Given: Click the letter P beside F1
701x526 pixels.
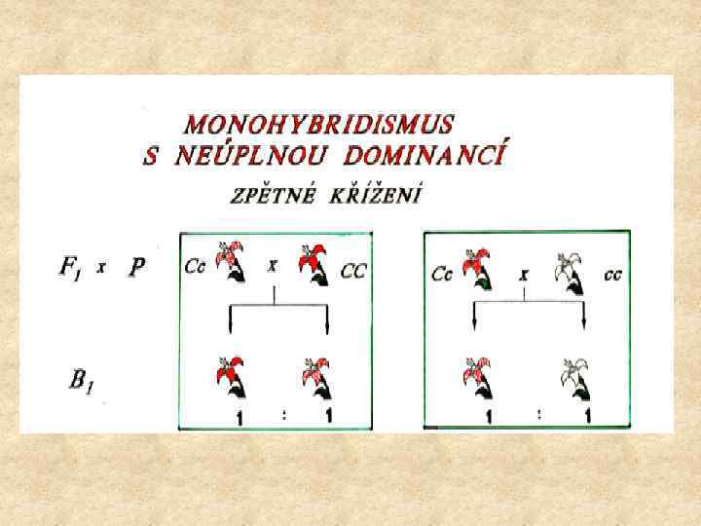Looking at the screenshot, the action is tap(138, 268).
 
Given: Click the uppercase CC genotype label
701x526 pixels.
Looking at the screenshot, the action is tap(352, 272).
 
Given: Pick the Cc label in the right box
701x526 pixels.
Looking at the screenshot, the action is tap(442, 275).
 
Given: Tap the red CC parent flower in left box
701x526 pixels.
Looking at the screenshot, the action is tap(314, 266).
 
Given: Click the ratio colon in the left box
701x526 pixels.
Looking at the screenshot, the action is tap(283, 414).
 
